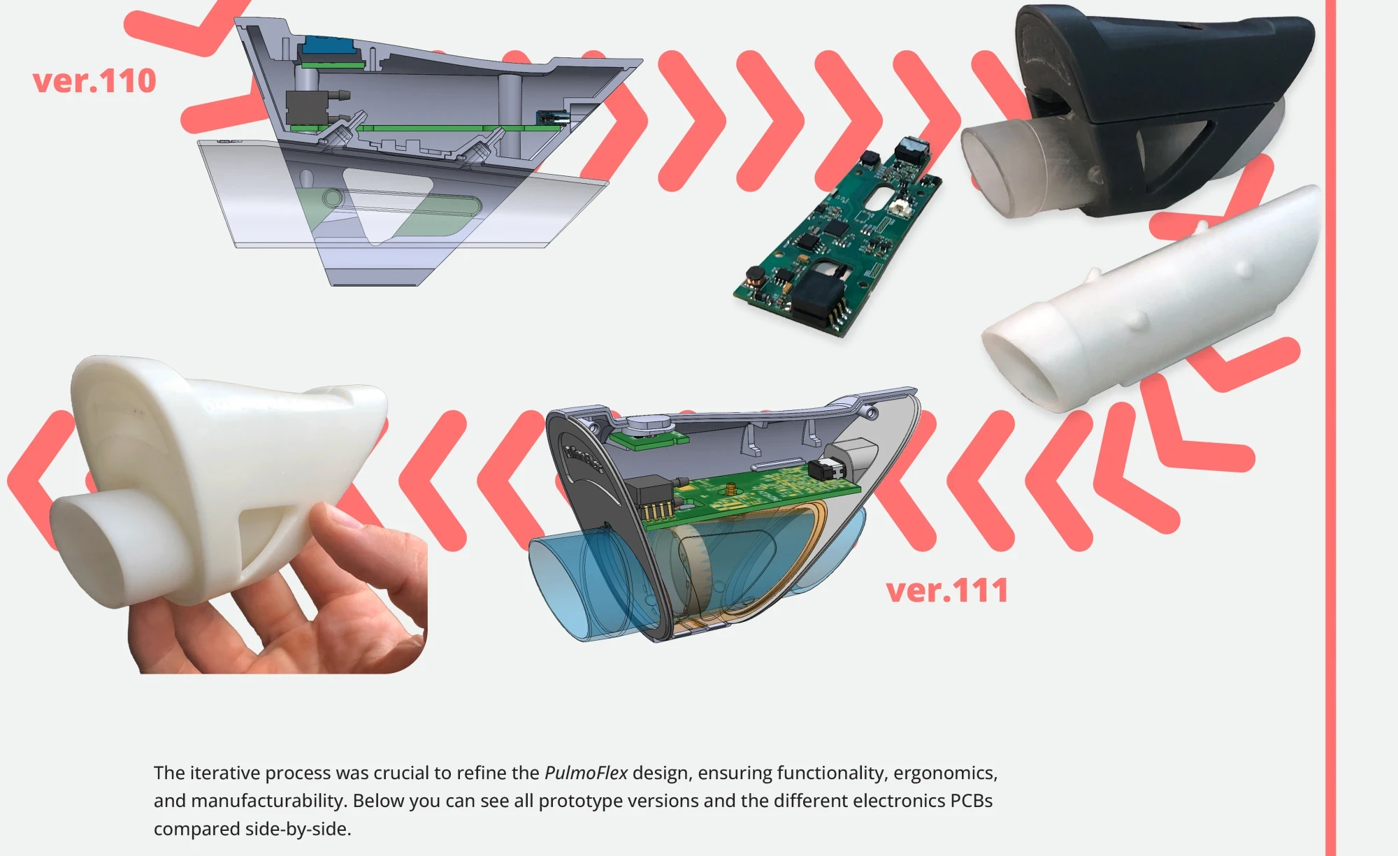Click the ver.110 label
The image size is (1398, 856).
coord(94,81)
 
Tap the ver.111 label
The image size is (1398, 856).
coord(947,590)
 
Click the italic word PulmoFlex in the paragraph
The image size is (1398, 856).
coord(586,773)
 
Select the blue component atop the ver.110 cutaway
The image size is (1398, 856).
coord(326,46)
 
